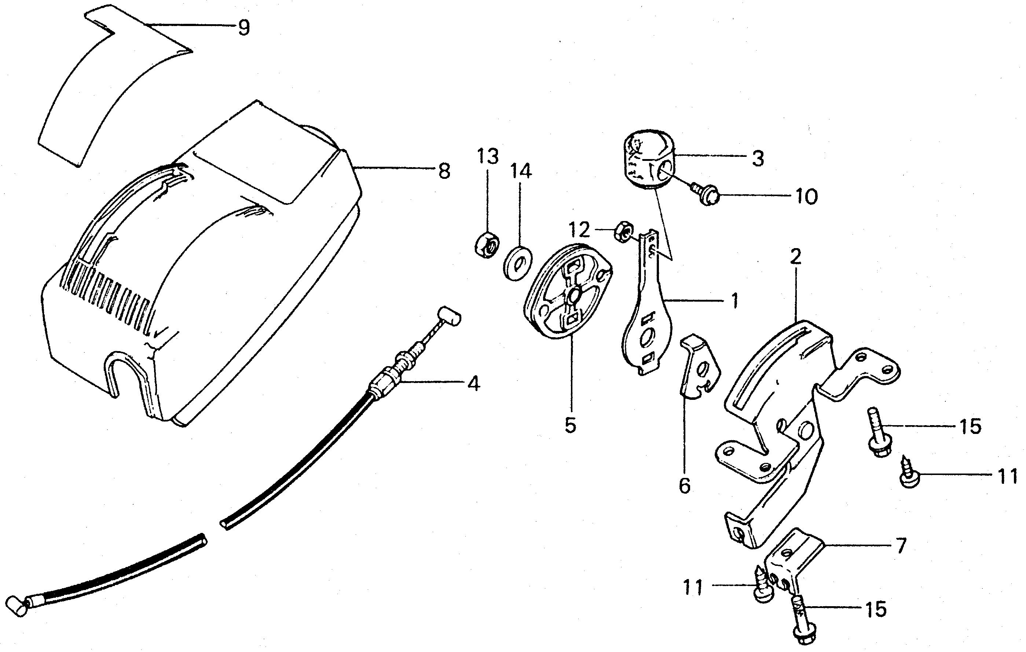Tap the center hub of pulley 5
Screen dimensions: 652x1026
(x=571, y=295)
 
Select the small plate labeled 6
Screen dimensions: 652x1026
(x=698, y=367)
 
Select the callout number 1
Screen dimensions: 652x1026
(x=734, y=301)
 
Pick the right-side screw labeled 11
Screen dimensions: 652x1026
(x=908, y=474)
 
